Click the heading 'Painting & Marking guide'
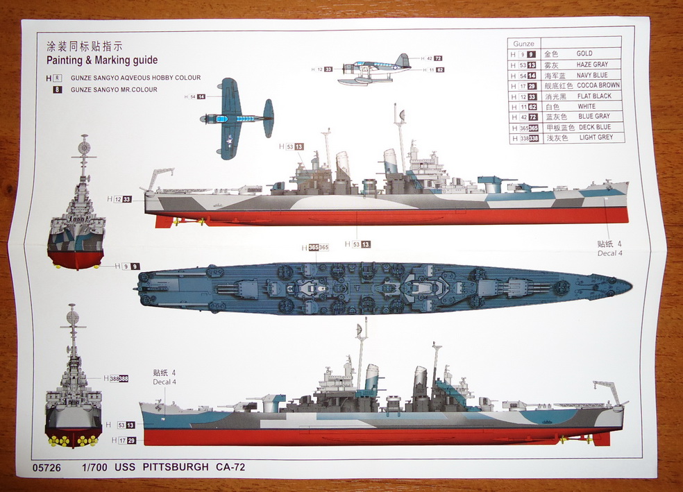click(101, 60)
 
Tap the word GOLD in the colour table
click(584, 53)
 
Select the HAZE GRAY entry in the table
click(592, 65)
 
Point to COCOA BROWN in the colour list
click(598, 85)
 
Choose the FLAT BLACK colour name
click(594, 96)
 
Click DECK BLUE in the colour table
click(594, 128)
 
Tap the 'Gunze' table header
click(524, 44)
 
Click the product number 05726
click(47, 467)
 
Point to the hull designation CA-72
click(230, 467)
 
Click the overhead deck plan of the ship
click(382, 287)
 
